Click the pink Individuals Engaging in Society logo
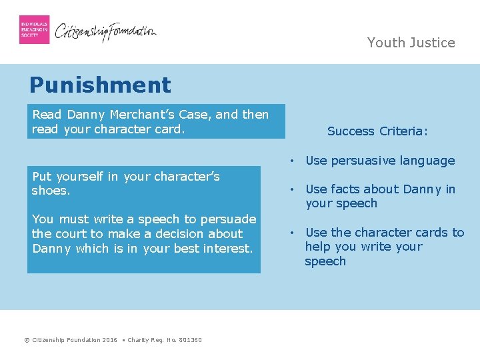click(34, 29)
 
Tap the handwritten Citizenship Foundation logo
click(105, 31)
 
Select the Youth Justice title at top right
click(411, 43)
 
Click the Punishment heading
click(100, 85)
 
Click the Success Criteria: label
click(377, 131)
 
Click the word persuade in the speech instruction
click(231, 219)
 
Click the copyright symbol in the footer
click(27, 340)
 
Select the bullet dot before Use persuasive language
click(292, 161)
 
